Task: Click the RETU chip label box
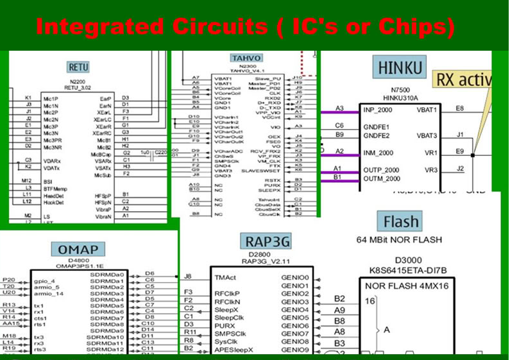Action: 78,67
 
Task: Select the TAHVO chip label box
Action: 246,58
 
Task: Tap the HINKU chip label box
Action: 400,67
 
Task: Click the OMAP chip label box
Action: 78,249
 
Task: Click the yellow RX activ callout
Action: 463,80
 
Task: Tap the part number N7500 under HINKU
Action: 400,90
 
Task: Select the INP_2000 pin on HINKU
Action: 380,110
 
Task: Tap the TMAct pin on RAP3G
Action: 226,277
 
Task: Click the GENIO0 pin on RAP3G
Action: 295,277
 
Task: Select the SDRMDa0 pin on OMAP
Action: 107,274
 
